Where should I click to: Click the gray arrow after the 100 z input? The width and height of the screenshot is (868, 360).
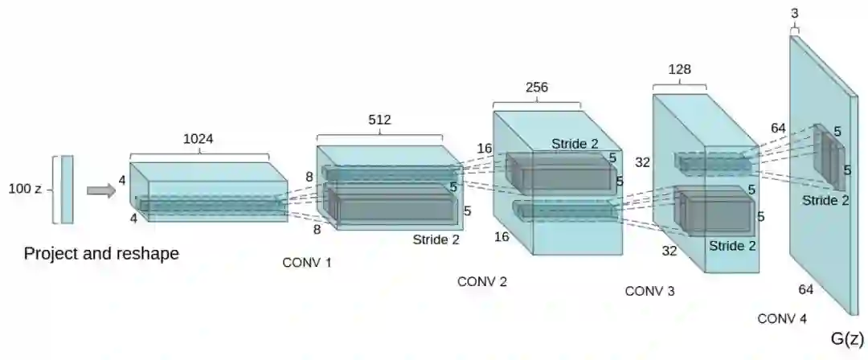100,190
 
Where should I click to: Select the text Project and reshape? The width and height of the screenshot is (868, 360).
101,254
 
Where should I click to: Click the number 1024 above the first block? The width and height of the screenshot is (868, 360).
199,138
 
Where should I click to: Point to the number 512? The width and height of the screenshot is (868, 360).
379,120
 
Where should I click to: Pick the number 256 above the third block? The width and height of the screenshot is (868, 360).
537,88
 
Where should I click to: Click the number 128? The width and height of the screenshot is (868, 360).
680,70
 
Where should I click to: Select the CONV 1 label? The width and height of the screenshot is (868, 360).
307,263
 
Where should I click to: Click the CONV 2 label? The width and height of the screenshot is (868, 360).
482,282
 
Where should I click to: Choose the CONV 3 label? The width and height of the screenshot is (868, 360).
649,291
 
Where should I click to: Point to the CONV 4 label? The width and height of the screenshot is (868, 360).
782,319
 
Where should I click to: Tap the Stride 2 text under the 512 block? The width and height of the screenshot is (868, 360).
437,239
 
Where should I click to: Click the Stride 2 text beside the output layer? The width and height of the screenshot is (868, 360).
825,200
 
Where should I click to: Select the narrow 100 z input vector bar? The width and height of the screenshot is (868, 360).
67,190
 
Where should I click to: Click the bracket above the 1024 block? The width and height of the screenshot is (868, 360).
199,153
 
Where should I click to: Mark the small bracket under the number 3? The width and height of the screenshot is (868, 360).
795,30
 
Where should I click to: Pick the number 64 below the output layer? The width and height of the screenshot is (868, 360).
807,288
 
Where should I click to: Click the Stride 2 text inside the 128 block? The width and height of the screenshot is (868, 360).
732,246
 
